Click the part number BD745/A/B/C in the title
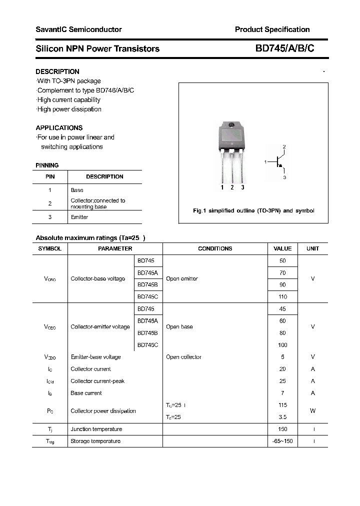point(284,48)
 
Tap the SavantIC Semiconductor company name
point(78,29)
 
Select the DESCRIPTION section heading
point(57,71)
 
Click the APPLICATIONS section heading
point(59,127)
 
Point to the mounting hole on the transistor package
point(231,125)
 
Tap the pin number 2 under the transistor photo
point(232,187)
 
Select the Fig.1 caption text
point(253,210)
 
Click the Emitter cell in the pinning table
point(79,217)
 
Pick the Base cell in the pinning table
point(77,190)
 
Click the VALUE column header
point(282,248)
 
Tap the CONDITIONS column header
point(215,248)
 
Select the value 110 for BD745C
point(282,296)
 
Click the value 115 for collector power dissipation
point(282,405)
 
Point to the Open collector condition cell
point(183,357)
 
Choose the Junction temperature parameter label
point(96,429)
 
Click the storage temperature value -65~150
point(282,441)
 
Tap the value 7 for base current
point(282,393)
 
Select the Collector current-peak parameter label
point(97,381)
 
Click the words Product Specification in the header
point(272,29)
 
